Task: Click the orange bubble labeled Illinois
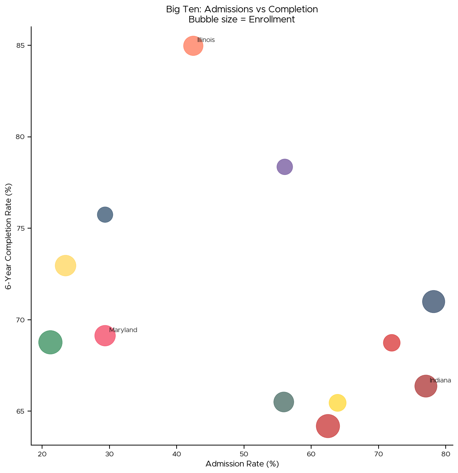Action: pyautogui.click(x=193, y=46)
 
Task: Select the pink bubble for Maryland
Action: pyautogui.click(x=105, y=336)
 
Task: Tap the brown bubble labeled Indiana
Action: pyautogui.click(x=425, y=386)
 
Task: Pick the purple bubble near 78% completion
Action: pyautogui.click(x=285, y=167)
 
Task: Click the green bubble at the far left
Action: pyautogui.click(x=50, y=342)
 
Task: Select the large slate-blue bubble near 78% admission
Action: pyautogui.click(x=433, y=301)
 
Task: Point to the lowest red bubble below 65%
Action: pyautogui.click(x=328, y=426)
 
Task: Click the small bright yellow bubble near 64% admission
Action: pyautogui.click(x=337, y=403)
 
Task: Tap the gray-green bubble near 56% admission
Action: pyautogui.click(x=284, y=402)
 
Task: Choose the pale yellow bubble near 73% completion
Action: pyautogui.click(x=65, y=265)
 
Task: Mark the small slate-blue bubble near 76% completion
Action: pyautogui.click(x=105, y=215)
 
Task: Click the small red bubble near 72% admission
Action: pyautogui.click(x=392, y=343)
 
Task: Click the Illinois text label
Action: pyautogui.click(x=206, y=40)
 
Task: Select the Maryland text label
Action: pyautogui.click(x=123, y=330)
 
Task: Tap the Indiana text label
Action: pyautogui.click(x=440, y=380)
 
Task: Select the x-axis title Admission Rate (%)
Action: pyautogui.click(x=242, y=464)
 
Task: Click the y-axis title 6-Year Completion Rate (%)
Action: pyautogui.click(x=9, y=236)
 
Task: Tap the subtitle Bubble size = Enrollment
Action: pyautogui.click(x=242, y=20)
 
